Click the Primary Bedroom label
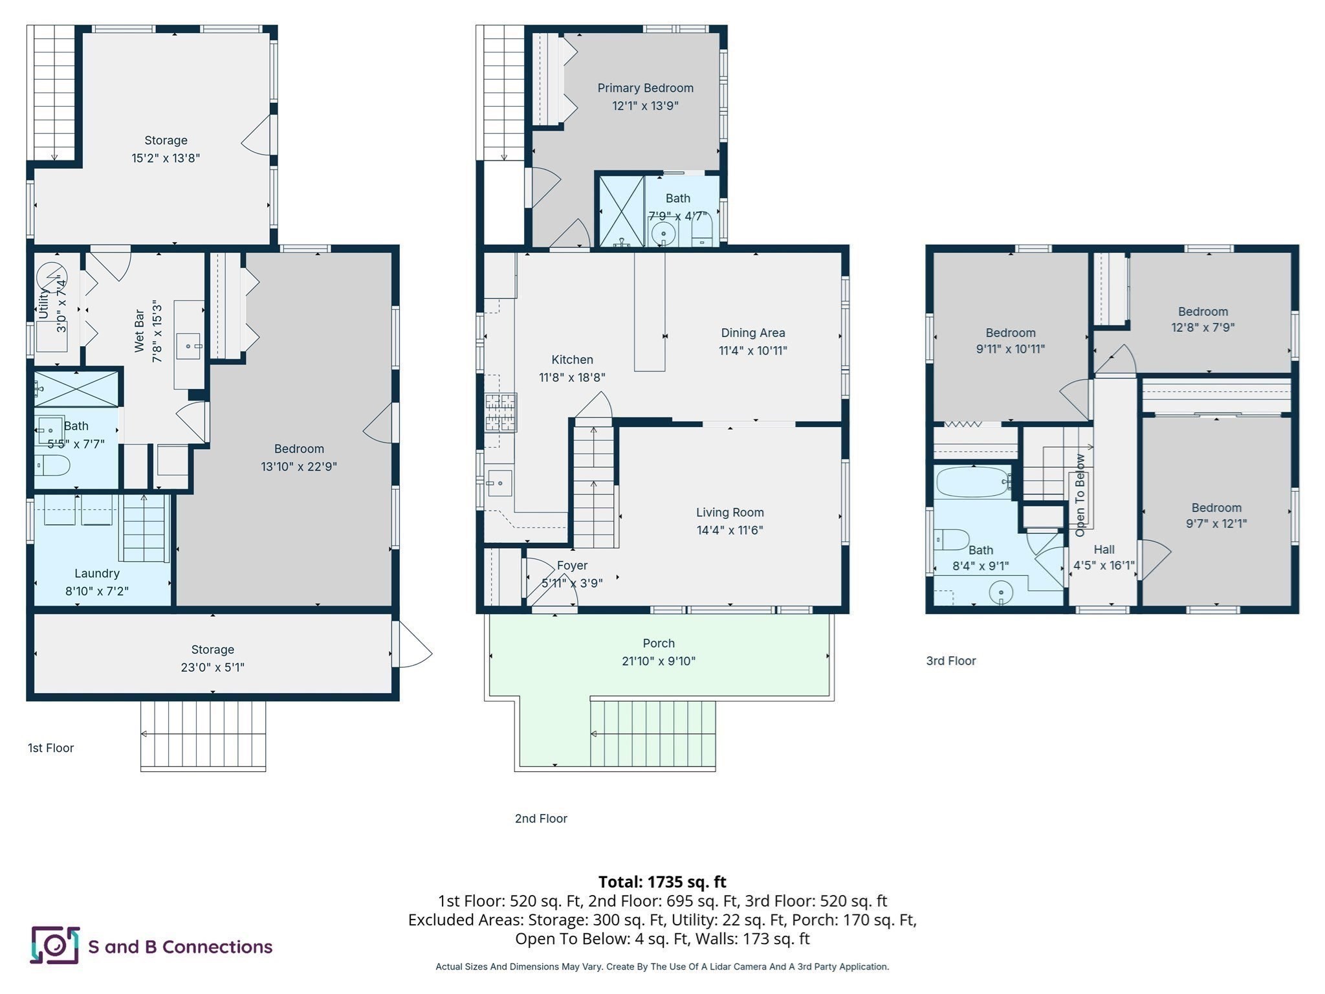pyautogui.click(x=645, y=88)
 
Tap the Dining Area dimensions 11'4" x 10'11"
pyautogui.click(x=752, y=351)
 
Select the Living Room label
pyautogui.click(x=730, y=513)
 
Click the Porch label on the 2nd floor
pyautogui.click(x=659, y=643)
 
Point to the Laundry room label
pyautogui.click(x=97, y=573)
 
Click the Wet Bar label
pyautogui.click(x=139, y=331)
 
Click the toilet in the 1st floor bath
pyautogui.click(x=52, y=465)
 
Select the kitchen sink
pyautogui.click(x=500, y=483)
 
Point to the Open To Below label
pyautogui.click(x=1080, y=495)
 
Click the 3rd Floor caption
pyautogui.click(x=951, y=661)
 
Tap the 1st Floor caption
pyautogui.click(x=50, y=748)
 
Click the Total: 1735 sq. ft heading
pyautogui.click(x=662, y=882)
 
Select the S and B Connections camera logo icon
pyautogui.click(x=55, y=945)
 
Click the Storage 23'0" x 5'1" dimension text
pyautogui.click(x=212, y=667)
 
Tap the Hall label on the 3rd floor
pyautogui.click(x=1104, y=549)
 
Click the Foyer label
pyautogui.click(x=572, y=566)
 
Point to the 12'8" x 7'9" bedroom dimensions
pyautogui.click(x=1203, y=327)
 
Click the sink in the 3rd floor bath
pyautogui.click(x=1002, y=592)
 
